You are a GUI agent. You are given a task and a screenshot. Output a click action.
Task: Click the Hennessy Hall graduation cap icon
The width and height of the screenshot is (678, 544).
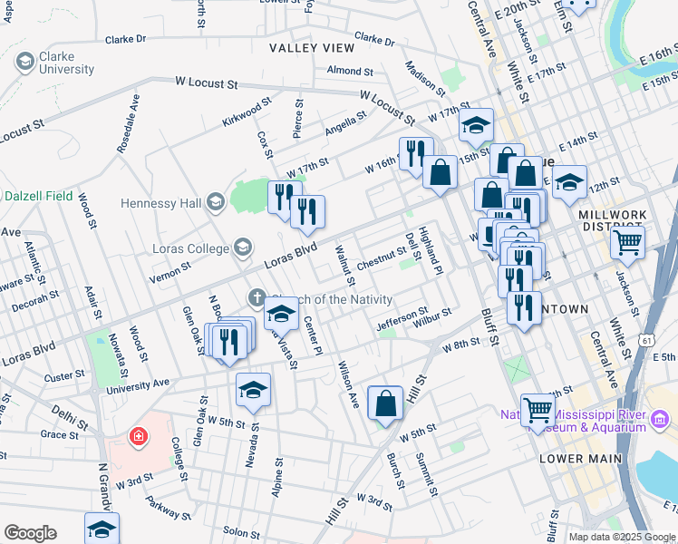tap(215, 200)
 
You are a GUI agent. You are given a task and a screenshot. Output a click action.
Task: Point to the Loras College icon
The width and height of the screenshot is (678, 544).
tap(242, 246)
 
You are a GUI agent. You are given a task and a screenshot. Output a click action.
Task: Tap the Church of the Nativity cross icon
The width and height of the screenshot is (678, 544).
tap(257, 297)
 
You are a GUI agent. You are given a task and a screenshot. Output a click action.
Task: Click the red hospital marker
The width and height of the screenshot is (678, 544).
tap(137, 437)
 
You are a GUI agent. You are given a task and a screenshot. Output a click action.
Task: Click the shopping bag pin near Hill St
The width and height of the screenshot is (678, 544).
tap(386, 403)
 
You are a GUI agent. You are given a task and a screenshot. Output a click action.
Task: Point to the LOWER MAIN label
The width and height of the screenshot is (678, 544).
tap(581, 459)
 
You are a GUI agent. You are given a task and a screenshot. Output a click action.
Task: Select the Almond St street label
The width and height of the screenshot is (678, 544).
tap(350, 70)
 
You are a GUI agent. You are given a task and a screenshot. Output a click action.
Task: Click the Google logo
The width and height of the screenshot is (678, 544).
tap(30, 533)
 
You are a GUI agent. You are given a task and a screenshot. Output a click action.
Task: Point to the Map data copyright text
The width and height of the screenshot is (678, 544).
tap(621, 537)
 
